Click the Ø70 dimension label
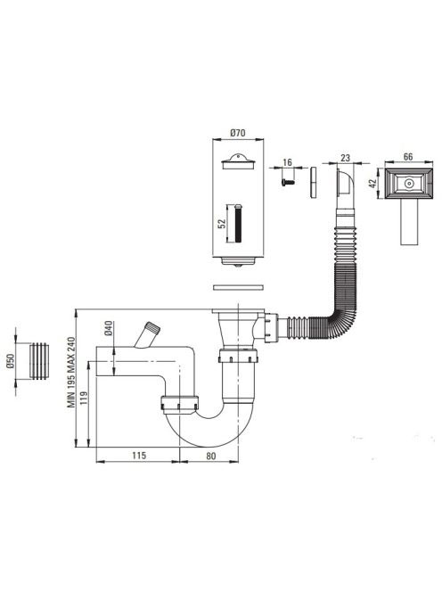click(237, 133)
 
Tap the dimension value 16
click(287, 162)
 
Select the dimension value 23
click(346, 158)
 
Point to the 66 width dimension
click(408, 156)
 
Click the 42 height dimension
click(372, 184)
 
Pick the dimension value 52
click(222, 223)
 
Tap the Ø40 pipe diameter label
click(109, 328)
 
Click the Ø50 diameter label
click(10, 361)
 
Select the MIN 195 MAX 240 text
click(71, 373)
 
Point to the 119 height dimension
click(84, 398)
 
